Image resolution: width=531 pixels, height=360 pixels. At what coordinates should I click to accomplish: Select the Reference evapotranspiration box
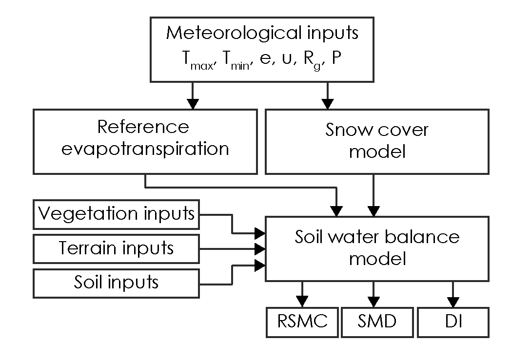point(145,141)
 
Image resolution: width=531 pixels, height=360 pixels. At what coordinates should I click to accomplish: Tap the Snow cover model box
point(376,141)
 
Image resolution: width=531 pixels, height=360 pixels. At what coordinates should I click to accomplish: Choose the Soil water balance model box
point(376,248)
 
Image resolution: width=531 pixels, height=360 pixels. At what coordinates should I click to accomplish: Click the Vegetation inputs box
point(117,214)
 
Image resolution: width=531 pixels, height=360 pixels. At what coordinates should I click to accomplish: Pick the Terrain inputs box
point(117,248)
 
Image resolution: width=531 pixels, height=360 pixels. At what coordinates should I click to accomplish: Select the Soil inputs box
point(117,282)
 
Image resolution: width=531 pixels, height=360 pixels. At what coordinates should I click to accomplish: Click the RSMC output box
point(302,322)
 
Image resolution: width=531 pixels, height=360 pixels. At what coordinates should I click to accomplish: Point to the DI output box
point(453,322)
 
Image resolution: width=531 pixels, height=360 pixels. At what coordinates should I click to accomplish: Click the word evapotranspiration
point(145,149)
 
